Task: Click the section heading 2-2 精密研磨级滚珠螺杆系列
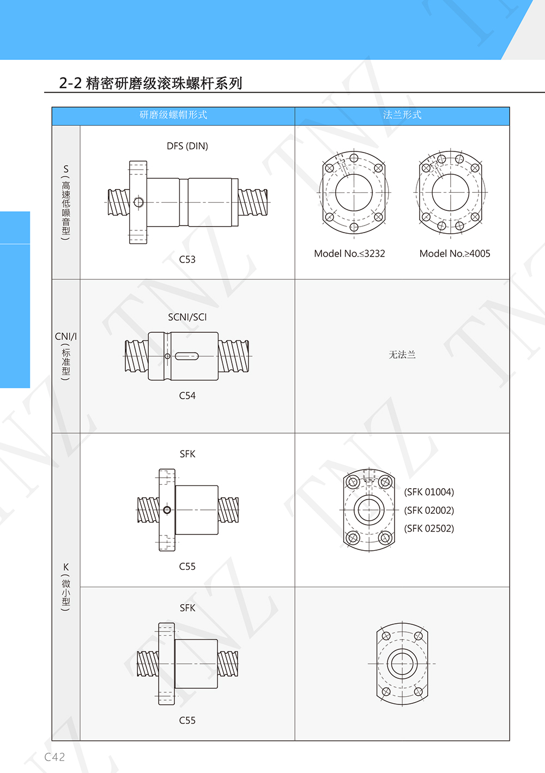pos(150,83)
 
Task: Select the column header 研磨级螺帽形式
pos(173,115)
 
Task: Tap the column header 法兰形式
pos(402,115)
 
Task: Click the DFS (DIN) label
pos(187,146)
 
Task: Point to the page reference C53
pos(187,259)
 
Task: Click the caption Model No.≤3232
pos(349,254)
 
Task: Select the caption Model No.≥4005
pos(455,254)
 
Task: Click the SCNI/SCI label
pos(187,317)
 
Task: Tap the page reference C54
pos(187,395)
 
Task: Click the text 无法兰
pos(402,355)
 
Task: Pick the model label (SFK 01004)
pos(429,492)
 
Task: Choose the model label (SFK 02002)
pos(429,510)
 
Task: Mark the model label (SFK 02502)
pos(429,528)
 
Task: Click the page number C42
pos(55,757)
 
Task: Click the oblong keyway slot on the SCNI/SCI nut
pos(187,356)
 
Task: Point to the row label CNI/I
pos(66,337)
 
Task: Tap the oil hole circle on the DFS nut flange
pos(139,202)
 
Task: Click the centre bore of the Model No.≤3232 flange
pos(354,174)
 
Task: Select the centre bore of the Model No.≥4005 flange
pos(450,174)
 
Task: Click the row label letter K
pos(66,567)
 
